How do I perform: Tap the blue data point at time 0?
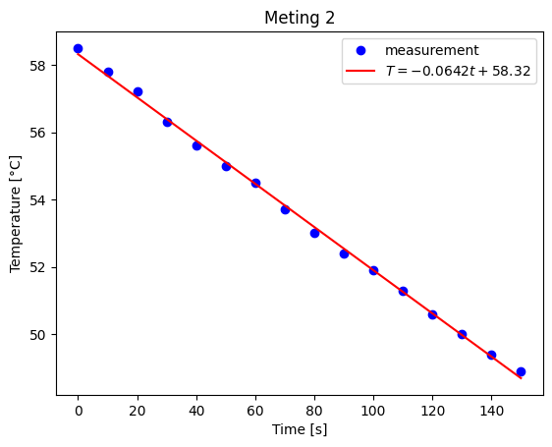pos(79,48)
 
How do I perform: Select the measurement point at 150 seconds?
pos(521,371)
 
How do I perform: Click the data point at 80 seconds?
pos(314,233)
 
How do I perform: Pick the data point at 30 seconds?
pos(167,122)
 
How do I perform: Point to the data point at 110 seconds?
pos(403,291)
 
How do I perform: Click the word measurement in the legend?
pos(431,50)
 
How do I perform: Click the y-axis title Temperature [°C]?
pos(16,212)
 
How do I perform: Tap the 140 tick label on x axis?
pos(491,410)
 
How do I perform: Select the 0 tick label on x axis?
pos(79,410)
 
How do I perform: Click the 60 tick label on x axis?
pos(255,410)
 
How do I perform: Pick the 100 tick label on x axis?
pos(373,410)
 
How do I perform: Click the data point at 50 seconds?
pos(226,166)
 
